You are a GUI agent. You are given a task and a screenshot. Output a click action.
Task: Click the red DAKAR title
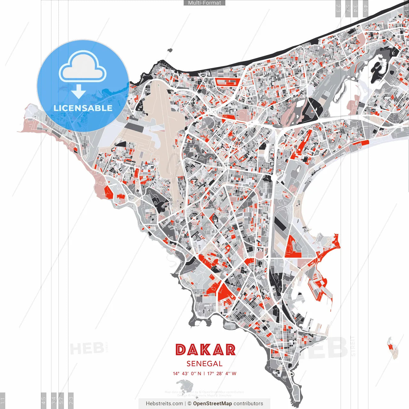[205, 350]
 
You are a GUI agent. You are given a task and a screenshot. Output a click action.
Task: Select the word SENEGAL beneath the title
[204, 364]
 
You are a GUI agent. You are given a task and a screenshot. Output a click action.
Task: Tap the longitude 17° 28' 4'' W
[222, 374]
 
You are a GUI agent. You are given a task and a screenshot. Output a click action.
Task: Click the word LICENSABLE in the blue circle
[83, 108]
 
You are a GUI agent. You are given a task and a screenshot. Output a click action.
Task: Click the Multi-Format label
[204, 3]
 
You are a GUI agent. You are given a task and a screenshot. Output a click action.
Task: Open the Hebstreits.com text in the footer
[164, 404]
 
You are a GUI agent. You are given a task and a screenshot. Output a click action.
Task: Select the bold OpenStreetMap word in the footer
[212, 404]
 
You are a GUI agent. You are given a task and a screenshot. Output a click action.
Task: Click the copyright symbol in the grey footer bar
[189, 404]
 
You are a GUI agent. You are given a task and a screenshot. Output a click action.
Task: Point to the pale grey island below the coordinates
[184, 385]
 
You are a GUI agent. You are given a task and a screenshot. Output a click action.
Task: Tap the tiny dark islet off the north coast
[169, 50]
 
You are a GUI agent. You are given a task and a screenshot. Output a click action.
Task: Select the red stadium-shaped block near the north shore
[227, 82]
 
